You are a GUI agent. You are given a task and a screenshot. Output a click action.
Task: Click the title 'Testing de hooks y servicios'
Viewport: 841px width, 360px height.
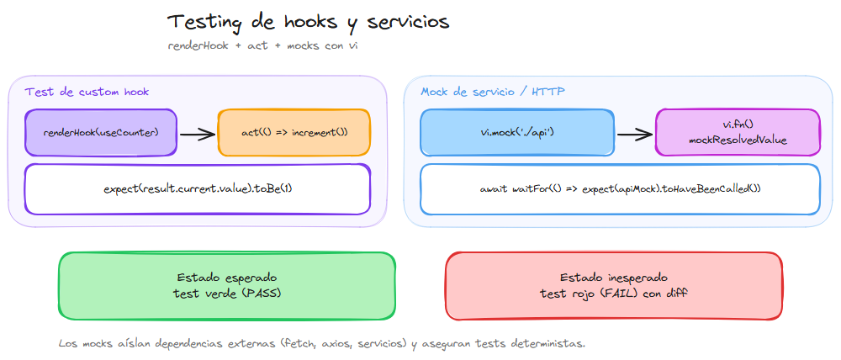coord(308,22)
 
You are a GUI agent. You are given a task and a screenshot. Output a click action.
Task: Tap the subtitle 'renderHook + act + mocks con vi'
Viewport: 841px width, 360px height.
coord(263,45)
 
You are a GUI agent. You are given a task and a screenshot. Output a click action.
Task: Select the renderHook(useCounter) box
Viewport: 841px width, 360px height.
coord(101,133)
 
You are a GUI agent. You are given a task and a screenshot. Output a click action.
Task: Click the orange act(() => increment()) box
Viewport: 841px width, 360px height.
coord(294,133)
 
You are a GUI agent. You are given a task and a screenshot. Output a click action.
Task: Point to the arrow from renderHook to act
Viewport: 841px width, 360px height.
coord(198,133)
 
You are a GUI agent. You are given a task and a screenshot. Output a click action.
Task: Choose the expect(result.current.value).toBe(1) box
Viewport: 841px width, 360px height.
coord(198,188)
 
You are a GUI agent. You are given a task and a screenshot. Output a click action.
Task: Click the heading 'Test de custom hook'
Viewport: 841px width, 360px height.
coord(87,91)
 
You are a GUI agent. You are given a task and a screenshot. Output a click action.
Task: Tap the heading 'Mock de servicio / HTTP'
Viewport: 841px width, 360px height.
coord(493,91)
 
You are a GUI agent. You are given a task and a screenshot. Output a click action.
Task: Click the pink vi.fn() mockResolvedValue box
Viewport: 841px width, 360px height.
coord(738,133)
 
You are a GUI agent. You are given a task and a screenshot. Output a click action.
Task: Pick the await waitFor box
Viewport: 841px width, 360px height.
coord(619,188)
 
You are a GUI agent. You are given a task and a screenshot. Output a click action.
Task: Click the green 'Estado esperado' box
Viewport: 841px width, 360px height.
coord(226,286)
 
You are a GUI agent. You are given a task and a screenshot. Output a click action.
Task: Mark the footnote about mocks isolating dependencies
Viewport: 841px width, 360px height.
coord(322,343)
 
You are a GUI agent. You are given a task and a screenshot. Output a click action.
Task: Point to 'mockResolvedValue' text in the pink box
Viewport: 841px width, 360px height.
coord(738,140)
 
